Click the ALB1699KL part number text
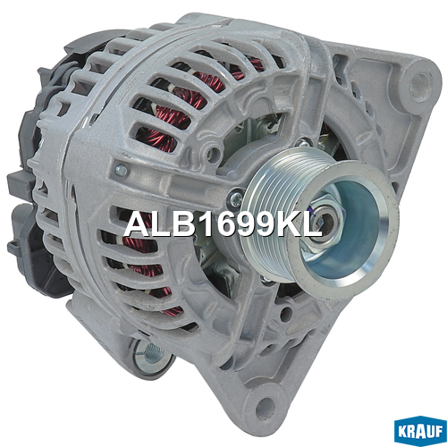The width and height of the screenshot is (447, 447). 223,224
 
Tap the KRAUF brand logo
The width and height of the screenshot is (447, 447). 420,431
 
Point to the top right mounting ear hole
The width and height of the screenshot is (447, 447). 420,84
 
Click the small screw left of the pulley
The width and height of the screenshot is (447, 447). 235,198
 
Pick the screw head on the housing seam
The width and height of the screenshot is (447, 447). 122,171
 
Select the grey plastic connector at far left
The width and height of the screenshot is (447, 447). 20,186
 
